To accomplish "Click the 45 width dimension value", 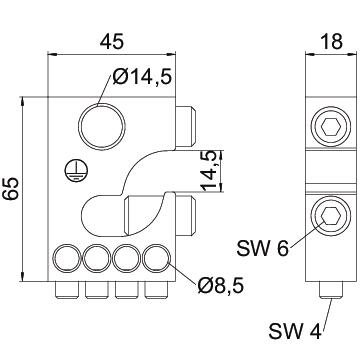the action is (x=112, y=42).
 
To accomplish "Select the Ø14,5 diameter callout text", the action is (x=142, y=77).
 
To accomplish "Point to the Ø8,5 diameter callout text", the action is (x=220, y=286).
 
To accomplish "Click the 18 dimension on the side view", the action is (x=331, y=42).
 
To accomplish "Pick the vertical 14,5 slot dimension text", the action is (x=211, y=171).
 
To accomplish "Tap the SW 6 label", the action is (x=262, y=248).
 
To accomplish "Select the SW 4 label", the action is (x=295, y=331).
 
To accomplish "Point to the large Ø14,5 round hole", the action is (x=102, y=127).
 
